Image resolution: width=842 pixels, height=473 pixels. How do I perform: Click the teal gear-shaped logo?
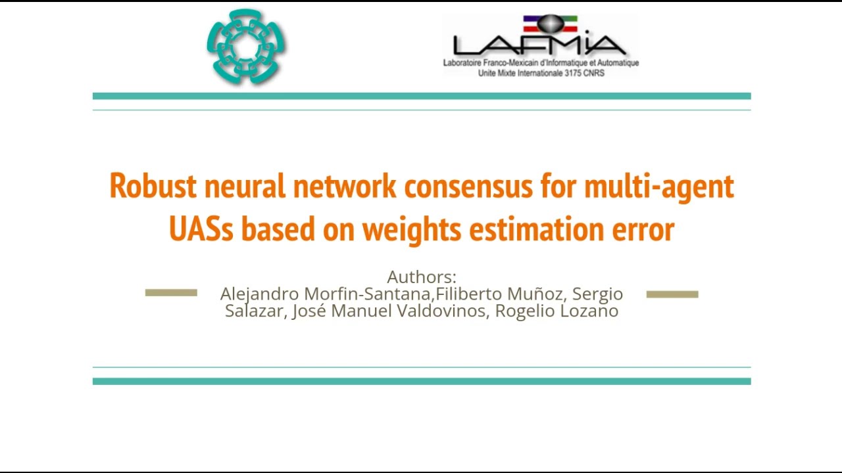tap(247, 46)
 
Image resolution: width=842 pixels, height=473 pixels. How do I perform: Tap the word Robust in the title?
tap(153, 187)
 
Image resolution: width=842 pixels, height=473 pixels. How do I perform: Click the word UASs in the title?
tap(201, 229)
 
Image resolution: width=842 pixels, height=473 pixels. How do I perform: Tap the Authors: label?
tap(421, 277)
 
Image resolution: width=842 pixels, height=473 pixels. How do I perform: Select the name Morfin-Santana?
tap(366, 294)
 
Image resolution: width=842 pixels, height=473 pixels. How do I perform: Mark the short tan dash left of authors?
tap(171, 293)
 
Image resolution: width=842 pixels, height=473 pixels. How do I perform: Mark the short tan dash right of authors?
tap(672, 294)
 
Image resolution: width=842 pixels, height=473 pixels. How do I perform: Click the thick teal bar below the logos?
tap(421, 96)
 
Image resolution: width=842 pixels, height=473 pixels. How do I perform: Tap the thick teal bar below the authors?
tap(421, 381)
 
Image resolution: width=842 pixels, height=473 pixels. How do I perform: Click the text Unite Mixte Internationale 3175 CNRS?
tap(541, 73)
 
